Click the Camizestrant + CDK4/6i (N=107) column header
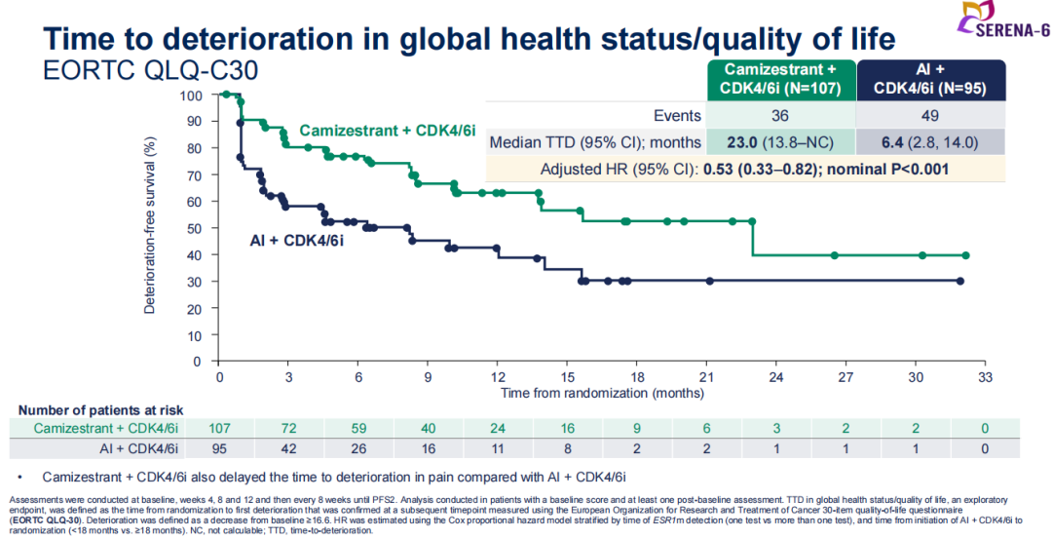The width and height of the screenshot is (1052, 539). (x=779, y=77)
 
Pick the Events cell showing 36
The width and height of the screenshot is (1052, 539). (x=779, y=116)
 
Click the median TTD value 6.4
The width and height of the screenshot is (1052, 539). (x=890, y=142)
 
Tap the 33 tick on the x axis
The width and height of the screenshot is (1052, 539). (x=985, y=376)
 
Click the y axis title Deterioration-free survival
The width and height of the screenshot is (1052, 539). (x=151, y=229)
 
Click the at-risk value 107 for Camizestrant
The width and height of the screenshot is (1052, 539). (x=219, y=429)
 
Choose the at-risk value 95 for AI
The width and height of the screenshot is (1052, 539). (x=219, y=448)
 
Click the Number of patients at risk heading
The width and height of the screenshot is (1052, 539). (x=100, y=410)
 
